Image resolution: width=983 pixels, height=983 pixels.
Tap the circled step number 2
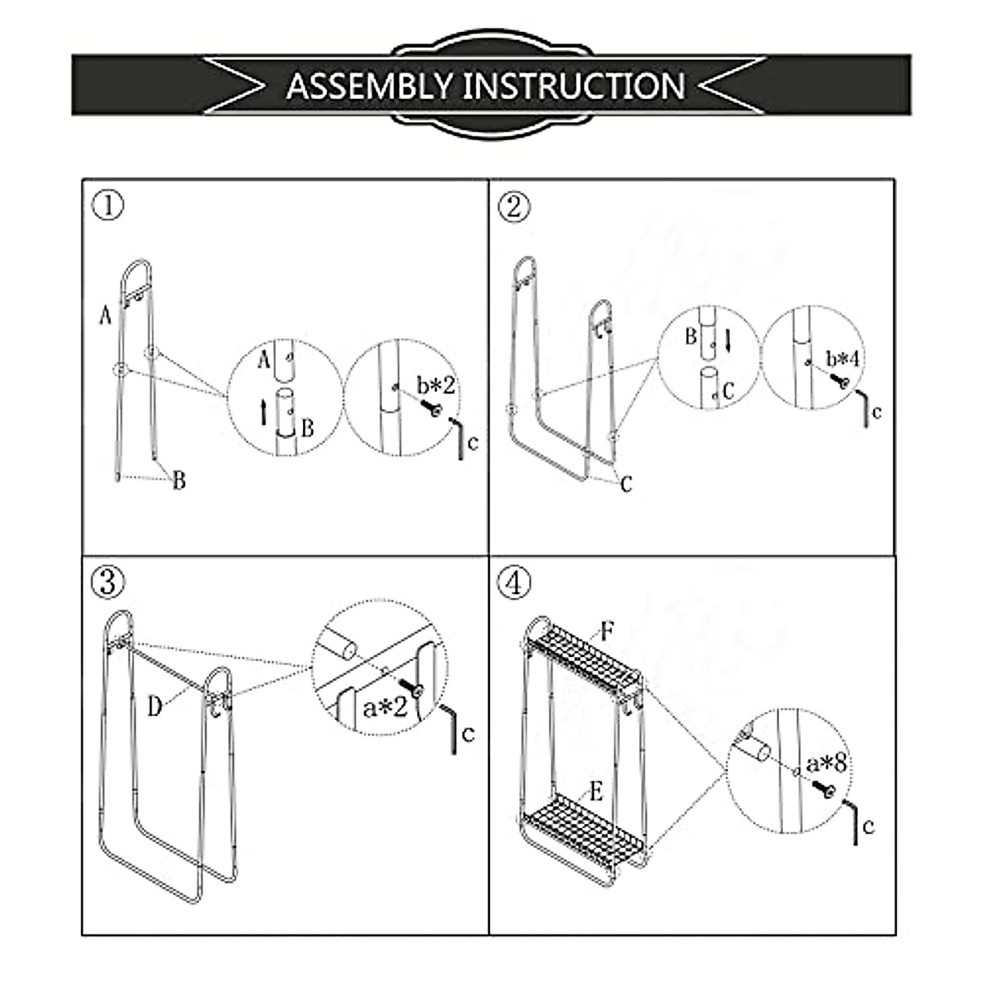514,206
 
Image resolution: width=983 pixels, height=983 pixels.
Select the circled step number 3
108,582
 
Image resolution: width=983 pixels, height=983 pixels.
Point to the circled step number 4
514,582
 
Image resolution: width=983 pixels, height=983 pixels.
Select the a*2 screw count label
386,707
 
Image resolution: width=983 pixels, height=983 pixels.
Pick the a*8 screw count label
826,763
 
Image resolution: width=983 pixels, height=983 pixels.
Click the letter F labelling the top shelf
607,632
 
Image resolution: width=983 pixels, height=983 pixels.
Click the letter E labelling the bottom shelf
596,792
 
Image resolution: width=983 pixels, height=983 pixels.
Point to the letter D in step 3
155,707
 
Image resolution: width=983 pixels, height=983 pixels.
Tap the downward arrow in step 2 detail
726,337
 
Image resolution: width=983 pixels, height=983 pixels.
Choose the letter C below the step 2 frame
627,485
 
